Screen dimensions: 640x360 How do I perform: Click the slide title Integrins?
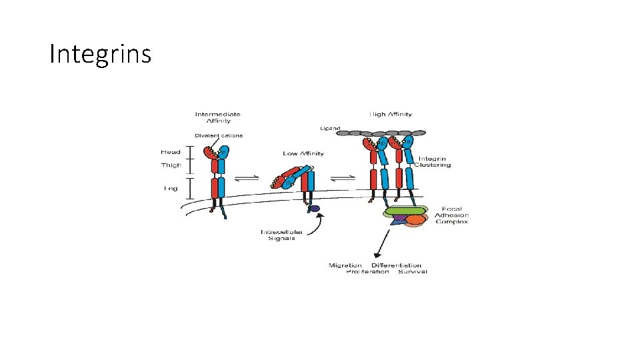[x=101, y=54]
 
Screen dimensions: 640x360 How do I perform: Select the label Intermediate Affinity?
[x=217, y=117]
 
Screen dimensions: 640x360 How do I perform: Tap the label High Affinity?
[x=391, y=114]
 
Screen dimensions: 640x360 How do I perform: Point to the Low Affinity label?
[x=303, y=153]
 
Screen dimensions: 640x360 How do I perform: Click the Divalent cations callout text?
[x=219, y=135]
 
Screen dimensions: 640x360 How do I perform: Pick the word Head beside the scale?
[x=171, y=152]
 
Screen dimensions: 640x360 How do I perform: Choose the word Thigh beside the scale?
[x=171, y=165]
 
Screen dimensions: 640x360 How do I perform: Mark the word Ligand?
[x=331, y=128]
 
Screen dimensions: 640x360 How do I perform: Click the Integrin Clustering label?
[x=433, y=161]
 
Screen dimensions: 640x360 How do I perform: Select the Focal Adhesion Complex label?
[x=451, y=215]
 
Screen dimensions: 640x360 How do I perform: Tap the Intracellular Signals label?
[x=281, y=235]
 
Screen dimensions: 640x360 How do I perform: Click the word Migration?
[x=345, y=265]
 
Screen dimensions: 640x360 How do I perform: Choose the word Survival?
[x=413, y=271]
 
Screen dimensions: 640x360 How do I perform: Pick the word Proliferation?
[x=367, y=271]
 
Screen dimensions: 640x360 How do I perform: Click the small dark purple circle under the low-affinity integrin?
[x=315, y=209]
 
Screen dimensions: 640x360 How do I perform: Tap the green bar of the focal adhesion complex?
[x=405, y=211]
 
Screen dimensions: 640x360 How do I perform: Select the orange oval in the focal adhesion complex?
[x=415, y=219]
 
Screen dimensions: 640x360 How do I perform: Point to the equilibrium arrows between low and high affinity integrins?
[x=342, y=177]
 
